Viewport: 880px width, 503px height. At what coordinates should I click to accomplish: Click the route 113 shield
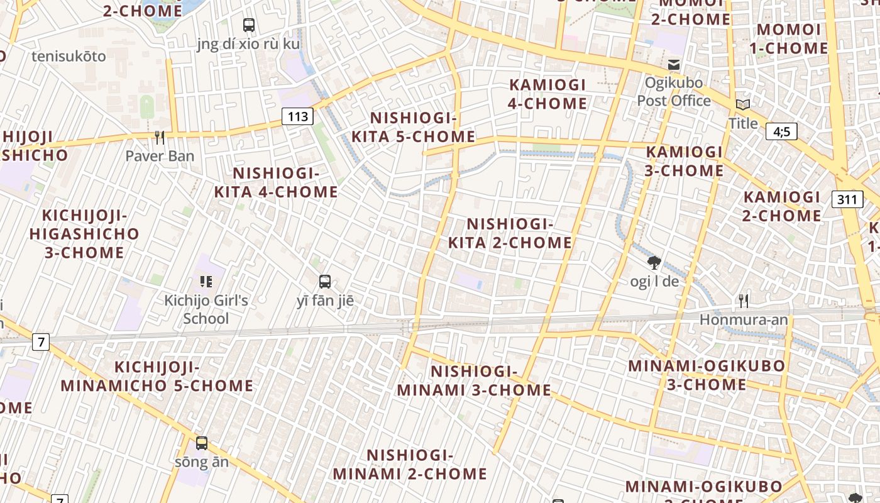(x=297, y=116)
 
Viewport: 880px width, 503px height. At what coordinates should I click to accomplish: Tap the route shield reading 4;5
(x=781, y=131)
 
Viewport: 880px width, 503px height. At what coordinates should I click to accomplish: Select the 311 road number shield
(x=847, y=200)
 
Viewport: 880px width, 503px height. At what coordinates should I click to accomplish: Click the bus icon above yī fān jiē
(x=325, y=282)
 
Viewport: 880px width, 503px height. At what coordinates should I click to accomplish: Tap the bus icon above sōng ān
(x=201, y=443)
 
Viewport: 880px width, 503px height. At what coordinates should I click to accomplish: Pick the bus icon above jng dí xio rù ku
(x=249, y=25)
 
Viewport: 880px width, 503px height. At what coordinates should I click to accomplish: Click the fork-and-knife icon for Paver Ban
(x=160, y=137)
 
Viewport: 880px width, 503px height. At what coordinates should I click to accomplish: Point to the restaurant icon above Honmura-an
(x=744, y=301)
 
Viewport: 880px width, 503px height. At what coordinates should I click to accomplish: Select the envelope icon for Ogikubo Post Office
(x=674, y=64)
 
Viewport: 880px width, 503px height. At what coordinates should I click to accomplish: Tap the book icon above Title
(x=743, y=104)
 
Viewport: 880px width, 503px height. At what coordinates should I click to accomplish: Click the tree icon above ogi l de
(x=654, y=262)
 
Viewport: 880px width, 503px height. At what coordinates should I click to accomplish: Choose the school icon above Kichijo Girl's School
(x=206, y=282)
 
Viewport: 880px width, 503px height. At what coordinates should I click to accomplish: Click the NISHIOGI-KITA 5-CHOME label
(x=413, y=128)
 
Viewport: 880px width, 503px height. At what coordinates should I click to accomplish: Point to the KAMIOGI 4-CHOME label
(x=547, y=94)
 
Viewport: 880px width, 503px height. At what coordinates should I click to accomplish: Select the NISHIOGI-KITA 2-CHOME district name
(x=510, y=233)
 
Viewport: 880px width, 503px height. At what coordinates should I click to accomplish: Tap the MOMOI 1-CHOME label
(x=792, y=39)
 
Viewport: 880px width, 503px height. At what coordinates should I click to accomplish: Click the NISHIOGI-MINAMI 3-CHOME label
(x=474, y=381)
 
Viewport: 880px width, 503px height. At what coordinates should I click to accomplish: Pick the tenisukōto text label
(x=69, y=57)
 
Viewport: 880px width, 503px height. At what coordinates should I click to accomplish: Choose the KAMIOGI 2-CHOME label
(x=782, y=206)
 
